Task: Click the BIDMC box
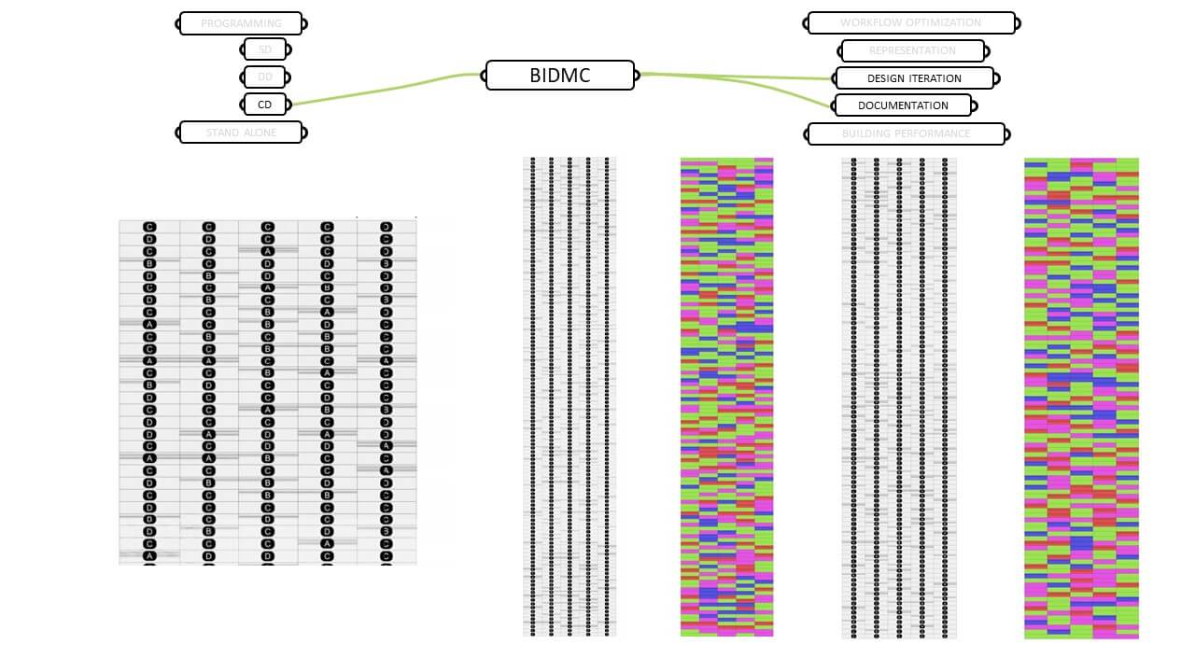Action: point(559,76)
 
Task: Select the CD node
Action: point(265,105)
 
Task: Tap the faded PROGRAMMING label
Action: point(241,23)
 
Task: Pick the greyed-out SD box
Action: point(265,50)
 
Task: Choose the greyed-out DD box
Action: point(265,77)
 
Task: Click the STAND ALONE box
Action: point(241,133)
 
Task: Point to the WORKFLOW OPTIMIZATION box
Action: point(910,22)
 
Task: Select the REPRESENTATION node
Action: point(912,50)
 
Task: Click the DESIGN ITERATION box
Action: point(914,78)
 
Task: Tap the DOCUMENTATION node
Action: point(903,105)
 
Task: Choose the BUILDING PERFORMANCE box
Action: point(906,133)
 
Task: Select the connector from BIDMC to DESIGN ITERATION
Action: point(738,77)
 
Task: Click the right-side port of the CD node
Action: point(289,105)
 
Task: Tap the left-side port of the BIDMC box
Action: point(483,75)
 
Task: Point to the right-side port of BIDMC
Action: point(638,75)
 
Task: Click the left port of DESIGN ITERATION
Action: point(833,79)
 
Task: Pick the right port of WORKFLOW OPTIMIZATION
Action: point(1019,22)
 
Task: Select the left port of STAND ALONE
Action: point(177,133)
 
